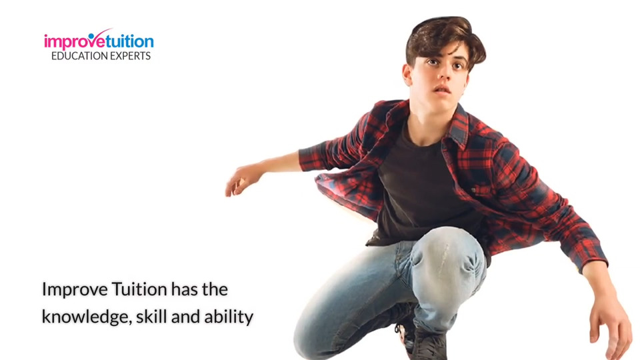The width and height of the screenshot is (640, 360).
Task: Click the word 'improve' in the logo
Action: tap(75, 41)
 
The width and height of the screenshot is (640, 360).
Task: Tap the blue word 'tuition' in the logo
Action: tap(130, 41)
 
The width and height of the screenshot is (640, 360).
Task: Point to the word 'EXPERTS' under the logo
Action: tap(127, 56)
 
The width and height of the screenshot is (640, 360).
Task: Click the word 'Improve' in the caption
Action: tap(75, 290)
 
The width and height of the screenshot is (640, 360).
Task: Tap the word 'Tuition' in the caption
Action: tap(139, 289)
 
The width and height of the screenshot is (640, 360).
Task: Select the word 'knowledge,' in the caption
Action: tap(87, 317)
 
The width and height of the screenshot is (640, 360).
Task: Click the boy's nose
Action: tap(443, 74)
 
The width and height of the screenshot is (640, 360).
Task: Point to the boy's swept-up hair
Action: tap(445, 37)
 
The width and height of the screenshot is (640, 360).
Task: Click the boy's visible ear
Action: tap(407, 75)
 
